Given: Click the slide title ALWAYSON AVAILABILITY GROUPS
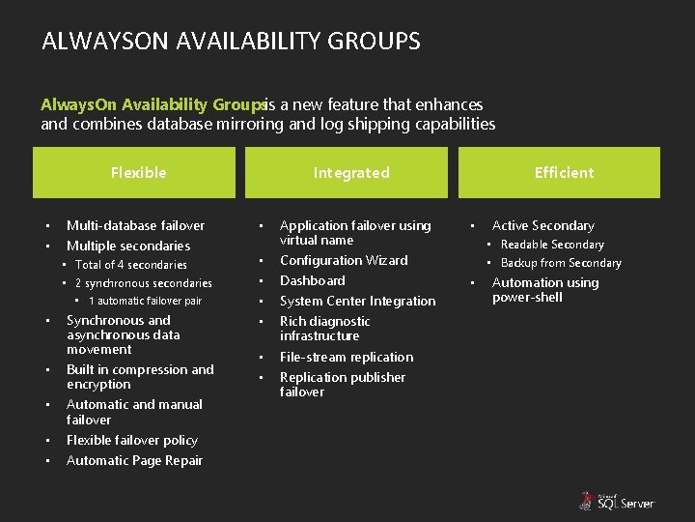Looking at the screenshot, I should (231, 42).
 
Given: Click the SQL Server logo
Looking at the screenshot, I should (617, 501).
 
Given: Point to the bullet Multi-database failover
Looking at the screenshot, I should (135, 225).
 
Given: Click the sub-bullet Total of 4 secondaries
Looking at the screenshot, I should (131, 265).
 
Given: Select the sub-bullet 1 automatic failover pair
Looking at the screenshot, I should (145, 302).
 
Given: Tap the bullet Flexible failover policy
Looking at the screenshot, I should (132, 441).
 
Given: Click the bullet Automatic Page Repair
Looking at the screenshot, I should (134, 461).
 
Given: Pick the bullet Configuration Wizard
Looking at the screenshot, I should (344, 261).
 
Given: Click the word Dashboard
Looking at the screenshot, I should (312, 281).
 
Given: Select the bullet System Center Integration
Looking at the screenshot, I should (357, 302).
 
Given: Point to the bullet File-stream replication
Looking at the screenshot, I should (347, 358).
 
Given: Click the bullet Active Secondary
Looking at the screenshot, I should (543, 226).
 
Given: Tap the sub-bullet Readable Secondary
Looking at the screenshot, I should (552, 246).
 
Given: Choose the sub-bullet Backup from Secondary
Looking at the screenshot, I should (561, 263).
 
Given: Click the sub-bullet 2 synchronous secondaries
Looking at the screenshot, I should (144, 283).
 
